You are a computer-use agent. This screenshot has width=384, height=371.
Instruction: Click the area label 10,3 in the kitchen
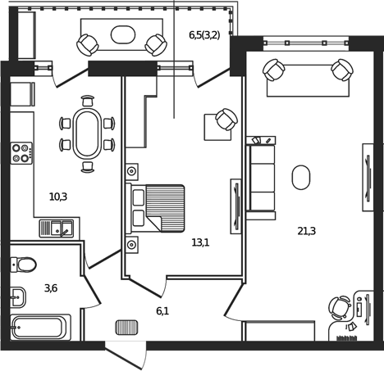pos(57,197)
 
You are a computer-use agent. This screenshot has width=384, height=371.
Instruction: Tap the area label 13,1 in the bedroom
pos(200,242)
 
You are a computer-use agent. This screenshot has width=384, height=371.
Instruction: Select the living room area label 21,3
pos(307,231)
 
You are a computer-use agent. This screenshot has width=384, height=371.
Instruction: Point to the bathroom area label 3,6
pos(51,287)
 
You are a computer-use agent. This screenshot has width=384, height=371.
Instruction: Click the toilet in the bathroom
pos(24,265)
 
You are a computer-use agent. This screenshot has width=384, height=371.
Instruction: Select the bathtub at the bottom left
pos(39,328)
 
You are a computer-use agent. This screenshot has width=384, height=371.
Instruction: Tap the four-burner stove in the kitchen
pos(21,153)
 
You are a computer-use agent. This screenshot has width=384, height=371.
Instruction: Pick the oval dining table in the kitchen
pos(87,133)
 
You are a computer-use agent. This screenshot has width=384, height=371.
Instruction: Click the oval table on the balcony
pos(123,34)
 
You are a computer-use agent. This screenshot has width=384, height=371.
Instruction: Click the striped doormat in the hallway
pos(126,327)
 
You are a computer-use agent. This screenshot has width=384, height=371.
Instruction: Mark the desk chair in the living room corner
pos(339,308)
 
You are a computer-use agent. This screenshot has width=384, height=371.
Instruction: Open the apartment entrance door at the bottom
pos(150,355)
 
